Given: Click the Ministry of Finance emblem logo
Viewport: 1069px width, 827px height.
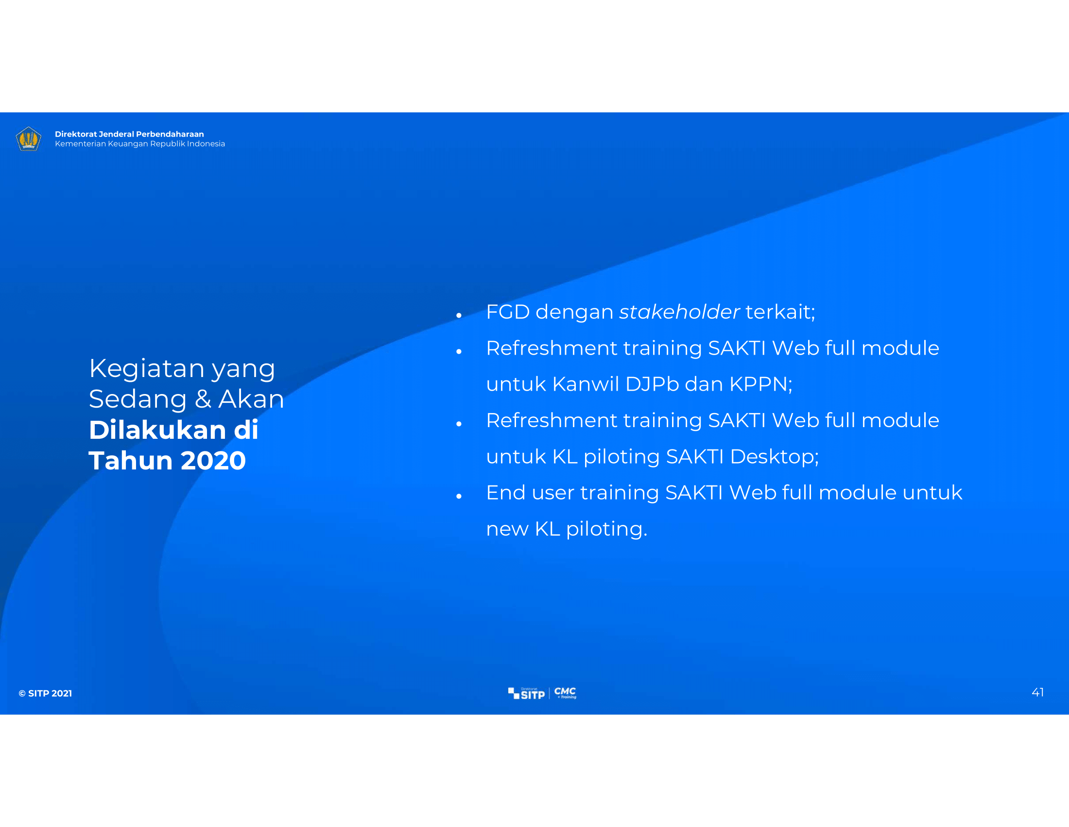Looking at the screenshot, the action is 28,139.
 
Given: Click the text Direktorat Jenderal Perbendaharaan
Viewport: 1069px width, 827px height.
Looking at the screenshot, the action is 129,134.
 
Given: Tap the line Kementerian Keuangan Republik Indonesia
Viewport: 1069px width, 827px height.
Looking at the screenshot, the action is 140,144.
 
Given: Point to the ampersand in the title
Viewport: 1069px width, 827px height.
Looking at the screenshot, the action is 203,399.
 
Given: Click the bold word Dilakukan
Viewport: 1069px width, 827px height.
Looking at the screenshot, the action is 157,430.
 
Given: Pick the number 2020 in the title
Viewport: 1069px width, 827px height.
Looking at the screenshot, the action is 213,461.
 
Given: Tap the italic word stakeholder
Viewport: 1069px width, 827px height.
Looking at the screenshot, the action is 679,312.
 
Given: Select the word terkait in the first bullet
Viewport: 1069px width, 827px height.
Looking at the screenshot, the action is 778,312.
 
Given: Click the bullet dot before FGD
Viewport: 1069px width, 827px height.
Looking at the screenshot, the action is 459,316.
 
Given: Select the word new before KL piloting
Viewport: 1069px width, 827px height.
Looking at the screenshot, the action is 508,530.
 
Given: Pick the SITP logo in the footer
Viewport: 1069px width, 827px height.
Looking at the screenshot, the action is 526,693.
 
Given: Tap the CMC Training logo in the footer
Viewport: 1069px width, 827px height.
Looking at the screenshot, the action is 565,693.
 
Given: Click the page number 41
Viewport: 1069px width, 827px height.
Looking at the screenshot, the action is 1038,692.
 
